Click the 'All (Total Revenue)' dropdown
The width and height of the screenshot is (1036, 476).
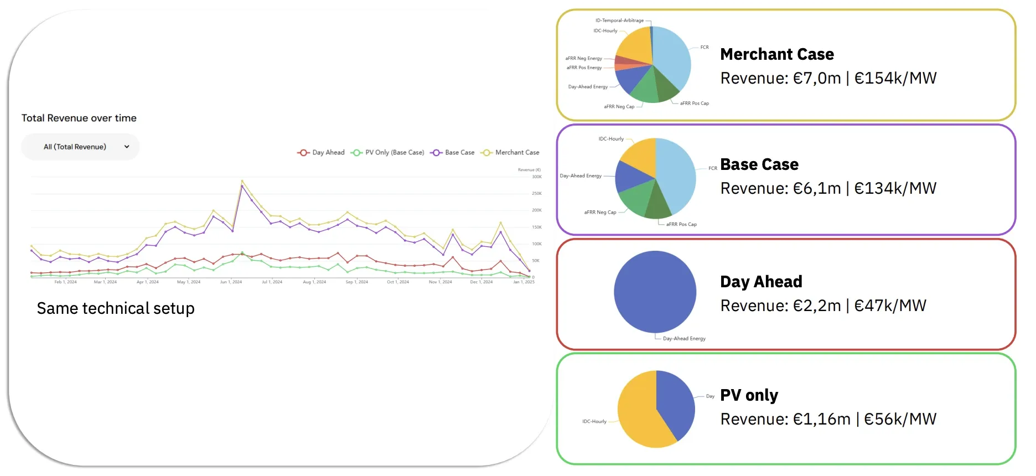click(80, 147)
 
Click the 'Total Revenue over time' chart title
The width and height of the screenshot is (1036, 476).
click(79, 118)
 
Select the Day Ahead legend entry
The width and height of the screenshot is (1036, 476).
click(321, 153)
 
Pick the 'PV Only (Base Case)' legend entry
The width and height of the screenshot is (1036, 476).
click(388, 153)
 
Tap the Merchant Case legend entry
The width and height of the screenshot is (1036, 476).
click(510, 153)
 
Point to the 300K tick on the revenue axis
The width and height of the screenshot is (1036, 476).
click(536, 177)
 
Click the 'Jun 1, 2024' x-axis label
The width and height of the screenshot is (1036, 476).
click(231, 282)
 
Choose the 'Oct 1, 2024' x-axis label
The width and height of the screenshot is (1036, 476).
click(398, 282)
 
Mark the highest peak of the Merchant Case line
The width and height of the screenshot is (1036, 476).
click(242, 181)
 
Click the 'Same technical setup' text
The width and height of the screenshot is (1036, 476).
click(116, 308)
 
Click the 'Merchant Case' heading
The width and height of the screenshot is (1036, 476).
click(776, 54)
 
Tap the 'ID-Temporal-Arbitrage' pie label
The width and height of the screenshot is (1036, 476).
click(619, 20)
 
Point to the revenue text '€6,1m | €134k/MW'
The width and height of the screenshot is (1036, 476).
click(828, 189)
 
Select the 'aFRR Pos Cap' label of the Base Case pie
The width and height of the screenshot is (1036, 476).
click(681, 225)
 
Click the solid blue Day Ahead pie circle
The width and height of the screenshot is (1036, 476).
click(655, 292)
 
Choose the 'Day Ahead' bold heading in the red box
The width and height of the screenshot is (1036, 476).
click(761, 282)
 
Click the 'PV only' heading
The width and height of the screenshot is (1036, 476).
click(749, 395)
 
